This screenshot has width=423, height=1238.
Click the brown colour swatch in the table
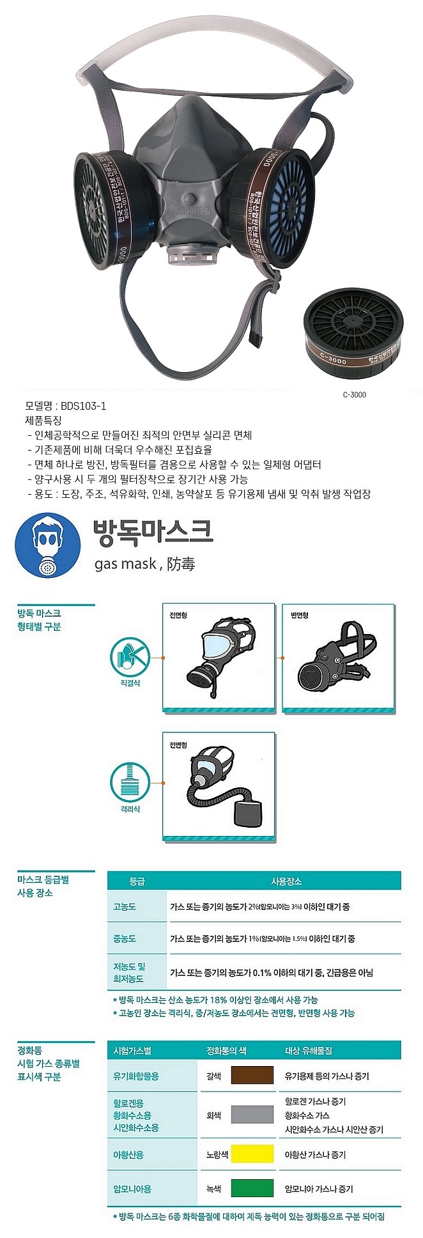[252, 1076]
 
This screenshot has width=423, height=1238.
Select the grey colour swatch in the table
[252, 1115]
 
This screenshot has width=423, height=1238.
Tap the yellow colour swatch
[252, 1154]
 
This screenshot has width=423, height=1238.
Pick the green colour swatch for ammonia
[252, 1188]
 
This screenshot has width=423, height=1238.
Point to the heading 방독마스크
[153, 532]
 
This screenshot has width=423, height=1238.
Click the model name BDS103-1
[84, 406]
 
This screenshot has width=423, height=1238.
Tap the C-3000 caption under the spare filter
[355, 394]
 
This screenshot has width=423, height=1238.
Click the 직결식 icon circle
[130, 658]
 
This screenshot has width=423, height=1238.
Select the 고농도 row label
[125, 906]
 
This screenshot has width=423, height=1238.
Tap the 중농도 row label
[125, 938]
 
